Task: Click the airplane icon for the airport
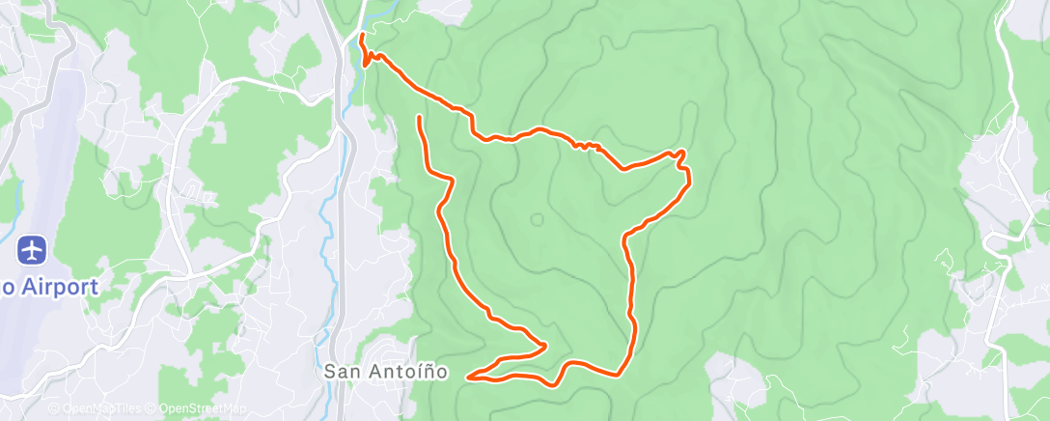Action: (33, 250)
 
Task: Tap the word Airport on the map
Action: (63, 287)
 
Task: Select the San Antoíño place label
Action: (385, 371)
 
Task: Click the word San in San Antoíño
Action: (341, 371)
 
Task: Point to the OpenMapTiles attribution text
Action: (98, 408)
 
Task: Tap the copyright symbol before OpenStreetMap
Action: (152, 408)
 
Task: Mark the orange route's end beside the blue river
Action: (362, 36)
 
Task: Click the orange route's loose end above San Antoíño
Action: (419, 117)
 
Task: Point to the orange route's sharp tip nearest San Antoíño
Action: (469, 377)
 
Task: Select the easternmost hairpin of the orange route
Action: (684, 154)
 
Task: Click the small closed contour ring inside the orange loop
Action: (537, 218)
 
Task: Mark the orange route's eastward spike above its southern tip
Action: (546, 345)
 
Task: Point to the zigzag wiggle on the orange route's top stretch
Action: (586, 146)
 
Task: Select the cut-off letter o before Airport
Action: (6, 287)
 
